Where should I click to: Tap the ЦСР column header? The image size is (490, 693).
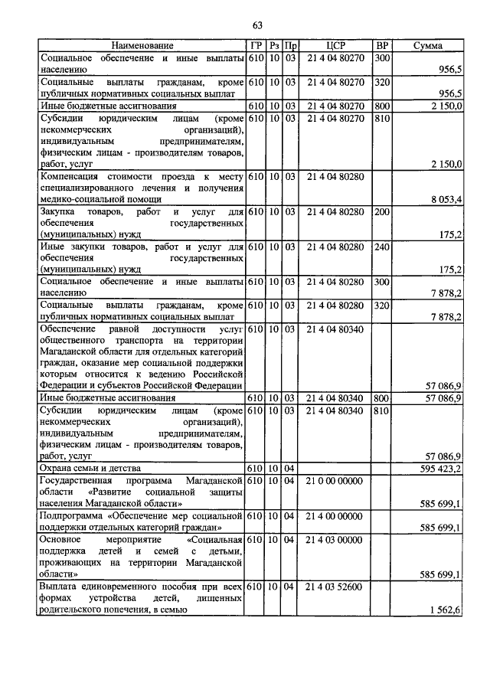click(335, 47)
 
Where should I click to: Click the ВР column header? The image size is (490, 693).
click(382, 47)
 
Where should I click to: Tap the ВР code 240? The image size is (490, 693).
click(381, 247)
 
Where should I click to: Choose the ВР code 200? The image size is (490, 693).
click(381, 211)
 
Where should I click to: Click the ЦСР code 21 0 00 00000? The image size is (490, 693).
click(335, 480)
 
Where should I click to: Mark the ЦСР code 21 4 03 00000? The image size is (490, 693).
click(335, 540)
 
